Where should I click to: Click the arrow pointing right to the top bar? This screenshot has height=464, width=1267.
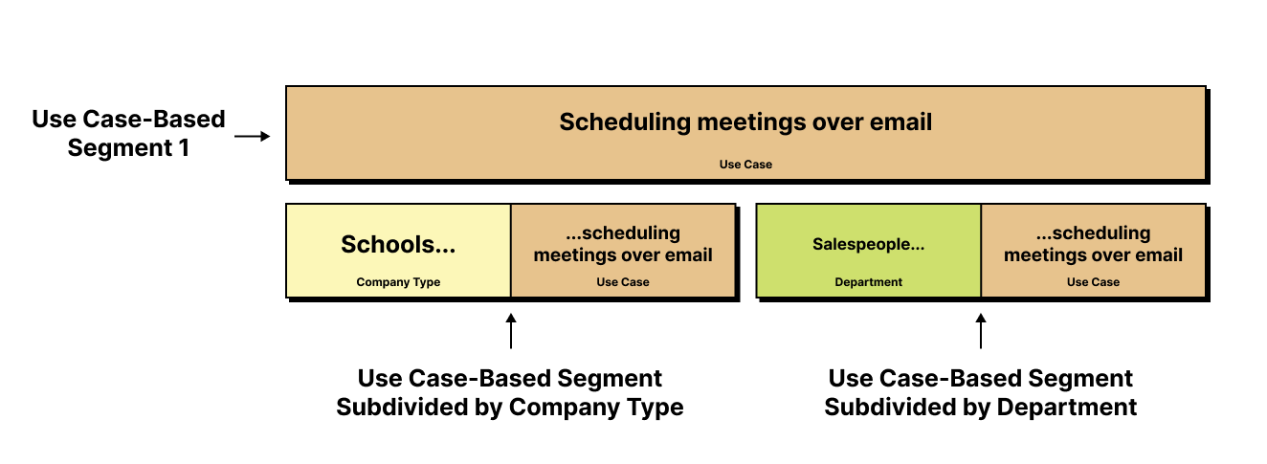click(x=253, y=136)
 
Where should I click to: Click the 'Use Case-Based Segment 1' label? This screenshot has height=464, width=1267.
click(x=128, y=134)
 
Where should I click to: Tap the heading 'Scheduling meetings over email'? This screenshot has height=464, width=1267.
click(x=745, y=122)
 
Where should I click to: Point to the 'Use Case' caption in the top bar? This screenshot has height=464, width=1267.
click(x=745, y=165)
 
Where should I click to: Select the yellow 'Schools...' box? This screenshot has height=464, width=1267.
click(x=398, y=251)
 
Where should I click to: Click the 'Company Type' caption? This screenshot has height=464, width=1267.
click(x=398, y=282)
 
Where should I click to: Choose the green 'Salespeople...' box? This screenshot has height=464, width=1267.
click(x=868, y=251)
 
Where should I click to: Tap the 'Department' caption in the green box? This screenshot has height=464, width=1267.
click(x=868, y=282)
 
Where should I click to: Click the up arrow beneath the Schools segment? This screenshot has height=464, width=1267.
click(x=511, y=331)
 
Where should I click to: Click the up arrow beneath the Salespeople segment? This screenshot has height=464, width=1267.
click(x=981, y=331)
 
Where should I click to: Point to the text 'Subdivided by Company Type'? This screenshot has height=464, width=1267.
click(x=510, y=408)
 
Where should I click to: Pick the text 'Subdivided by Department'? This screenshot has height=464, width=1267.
click(x=981, y=408)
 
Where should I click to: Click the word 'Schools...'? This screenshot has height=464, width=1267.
click(x=398, y=244)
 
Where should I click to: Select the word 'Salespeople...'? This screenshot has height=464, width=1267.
click(x=868, y=245)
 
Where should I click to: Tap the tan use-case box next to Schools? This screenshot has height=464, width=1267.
click(x=623, y=251)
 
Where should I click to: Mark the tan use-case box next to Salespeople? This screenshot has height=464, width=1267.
click(x=1093, y=251)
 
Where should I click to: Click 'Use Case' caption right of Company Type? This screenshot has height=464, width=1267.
click(x=623, y=282)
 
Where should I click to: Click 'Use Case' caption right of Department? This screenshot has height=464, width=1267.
click(x=1093, y=282)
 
